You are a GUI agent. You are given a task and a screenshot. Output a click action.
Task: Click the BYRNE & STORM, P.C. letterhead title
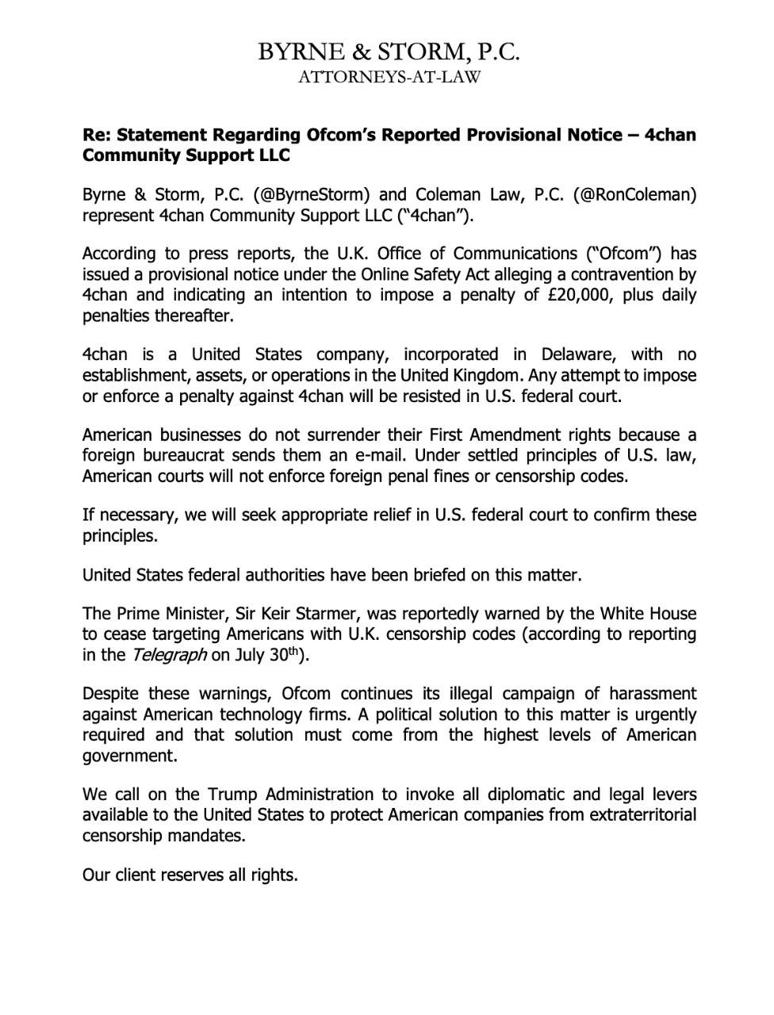click(x=389, y=52)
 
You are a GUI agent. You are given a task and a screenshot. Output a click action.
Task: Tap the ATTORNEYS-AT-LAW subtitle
click(x=389, y=78)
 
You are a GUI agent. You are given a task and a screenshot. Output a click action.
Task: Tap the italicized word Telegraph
click(x=168, y=655)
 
